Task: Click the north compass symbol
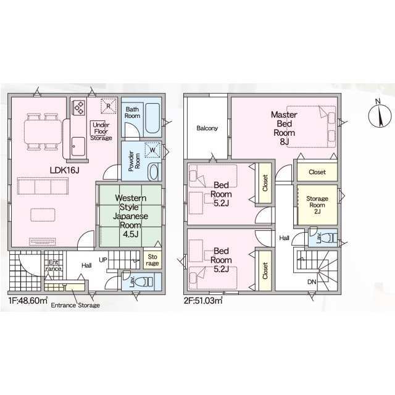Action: click(380, 116)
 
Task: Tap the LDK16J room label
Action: click(64, 170)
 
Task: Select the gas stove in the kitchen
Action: click(79, 107)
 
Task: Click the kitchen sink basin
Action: click(78, 146)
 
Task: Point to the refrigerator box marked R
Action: click(109, 106)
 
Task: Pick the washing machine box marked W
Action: click(152, 150)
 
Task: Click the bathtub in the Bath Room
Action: click(152, 118)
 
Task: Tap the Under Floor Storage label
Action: click(101, 131)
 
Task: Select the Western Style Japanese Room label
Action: click(130, 216)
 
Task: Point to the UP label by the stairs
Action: click(103, 260)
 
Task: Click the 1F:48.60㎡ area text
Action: click(28, 301)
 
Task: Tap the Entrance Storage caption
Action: click(75, 305)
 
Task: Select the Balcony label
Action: click(207, 128)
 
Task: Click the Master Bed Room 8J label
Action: click(284, 128)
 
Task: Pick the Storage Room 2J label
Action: click(317, 205)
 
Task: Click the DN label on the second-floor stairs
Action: click(312, 282)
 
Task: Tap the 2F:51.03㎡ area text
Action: click(203, 301)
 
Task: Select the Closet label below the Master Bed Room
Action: click(317, 172)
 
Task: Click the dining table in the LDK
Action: click(43, 131)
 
